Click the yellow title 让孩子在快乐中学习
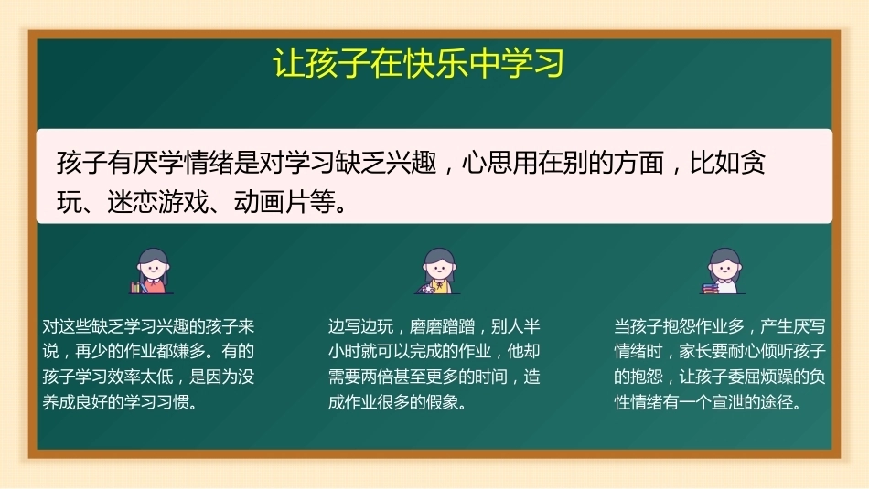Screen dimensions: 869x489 [x=418, y=62]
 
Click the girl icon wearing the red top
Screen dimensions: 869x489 [x=153, y=271]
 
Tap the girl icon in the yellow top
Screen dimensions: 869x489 [x=439, y=271]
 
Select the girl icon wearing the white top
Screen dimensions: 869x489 [x=724, y=271]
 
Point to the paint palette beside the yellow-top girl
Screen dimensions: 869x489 [x=425, y=289]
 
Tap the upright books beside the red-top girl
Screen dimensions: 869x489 [x=135, y=287]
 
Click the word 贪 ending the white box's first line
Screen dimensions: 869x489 [x=753, y=163]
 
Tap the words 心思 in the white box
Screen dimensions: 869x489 [x=487, y=163]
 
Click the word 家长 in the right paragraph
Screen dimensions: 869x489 [x=695, y=351]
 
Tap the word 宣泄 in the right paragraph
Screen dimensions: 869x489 [x=728, y=402]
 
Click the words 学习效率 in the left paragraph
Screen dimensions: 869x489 [x=108, y=377]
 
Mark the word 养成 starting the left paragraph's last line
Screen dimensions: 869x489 [x=59, y=402]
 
